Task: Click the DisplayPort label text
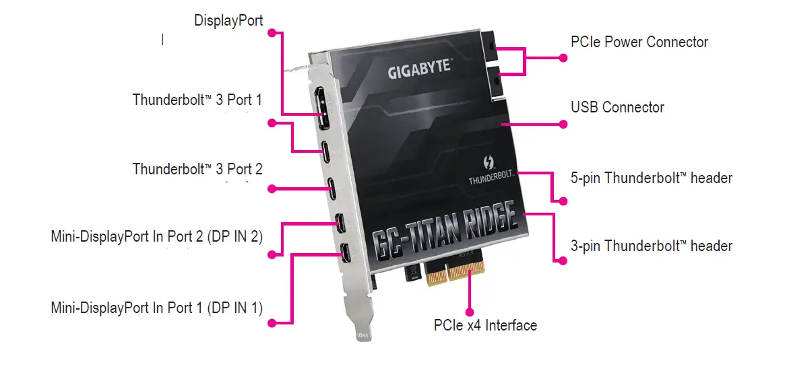[228, 20]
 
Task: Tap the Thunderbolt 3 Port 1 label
[197, 100]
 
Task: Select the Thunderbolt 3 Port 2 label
[197, 169]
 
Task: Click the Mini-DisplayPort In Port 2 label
[156, 237]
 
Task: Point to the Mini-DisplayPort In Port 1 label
[156, 308]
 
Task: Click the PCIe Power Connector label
[639, 42]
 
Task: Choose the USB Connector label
[617, 108]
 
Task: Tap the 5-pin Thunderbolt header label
[651, 178]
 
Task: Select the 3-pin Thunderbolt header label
[651, 246]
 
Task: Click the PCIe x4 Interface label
[485, 326]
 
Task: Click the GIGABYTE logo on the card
[418, 69]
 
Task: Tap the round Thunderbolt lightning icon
[491, 164]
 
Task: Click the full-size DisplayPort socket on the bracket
[323, 111]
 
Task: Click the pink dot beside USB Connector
[563, 124]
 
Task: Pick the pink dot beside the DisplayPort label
[272, 32]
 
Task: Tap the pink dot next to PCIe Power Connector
[563, 58]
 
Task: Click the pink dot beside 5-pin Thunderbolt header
[563, 201]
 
